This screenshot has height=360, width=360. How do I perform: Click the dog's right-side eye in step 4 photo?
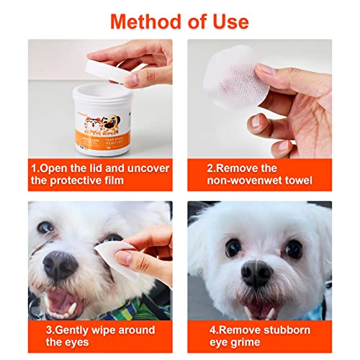click(294, 248)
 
